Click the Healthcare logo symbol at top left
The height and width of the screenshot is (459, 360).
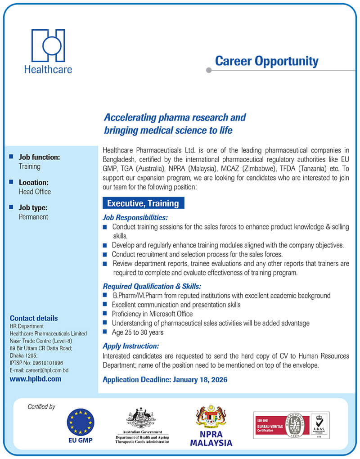(x=48, y=45)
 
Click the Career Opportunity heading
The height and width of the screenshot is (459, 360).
(x=266, y=61)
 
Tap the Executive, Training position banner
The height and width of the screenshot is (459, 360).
(x=143, y=203)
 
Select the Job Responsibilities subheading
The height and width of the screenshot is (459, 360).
(x=135, y=217)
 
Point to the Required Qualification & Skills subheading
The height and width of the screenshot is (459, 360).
(x=152, y=286)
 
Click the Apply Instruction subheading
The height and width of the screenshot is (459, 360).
(x=131, y=346)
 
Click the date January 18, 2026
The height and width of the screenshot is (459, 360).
(x=200, y=380)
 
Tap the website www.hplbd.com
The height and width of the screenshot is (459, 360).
(x=35, y=379)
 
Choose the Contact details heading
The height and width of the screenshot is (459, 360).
(x=34, y=318)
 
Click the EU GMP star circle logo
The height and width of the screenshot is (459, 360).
(x=81, y=422)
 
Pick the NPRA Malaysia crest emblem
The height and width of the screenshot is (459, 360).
(x=211, y=417)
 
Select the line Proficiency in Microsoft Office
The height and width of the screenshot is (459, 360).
(x=152, y=314)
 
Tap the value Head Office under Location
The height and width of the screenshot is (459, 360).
(x=35, y=192)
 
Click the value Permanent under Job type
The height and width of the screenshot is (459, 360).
(x=33, y=217)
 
